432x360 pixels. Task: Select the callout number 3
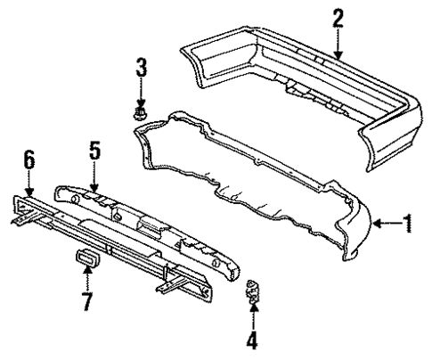pos(140,66)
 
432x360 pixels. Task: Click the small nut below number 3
pos(140,114)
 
